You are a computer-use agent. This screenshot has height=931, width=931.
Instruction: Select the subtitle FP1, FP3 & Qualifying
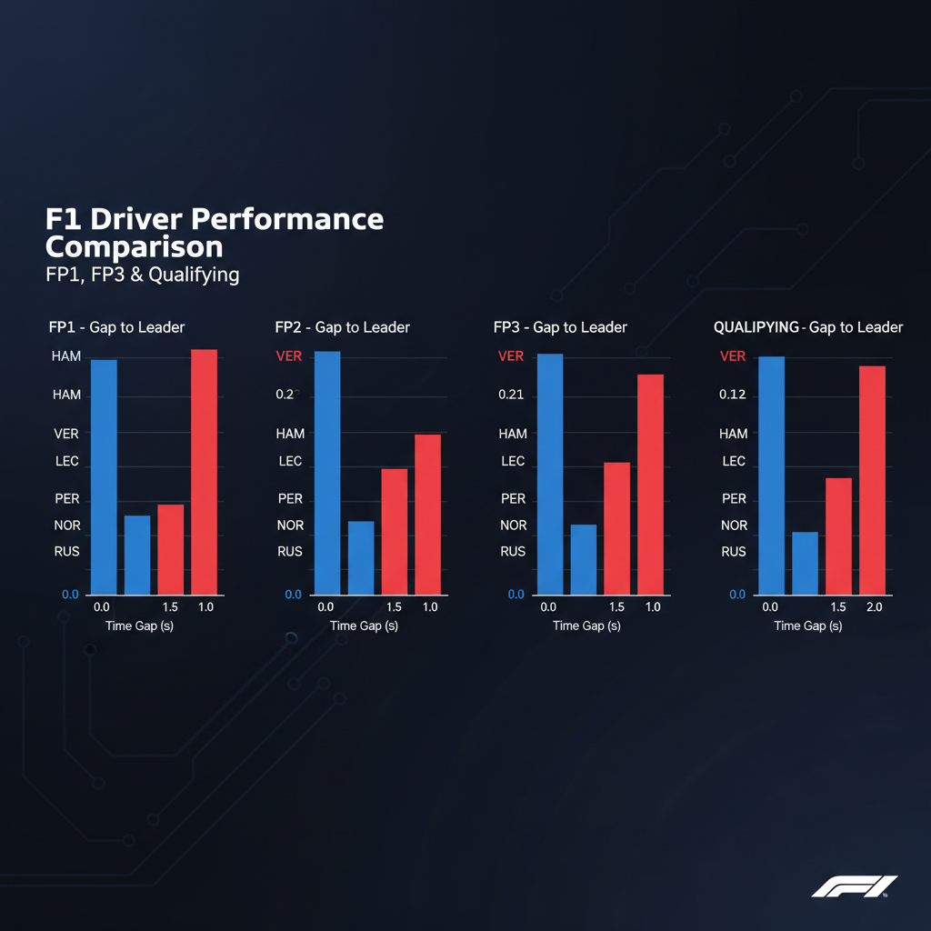click(x=142, y=275)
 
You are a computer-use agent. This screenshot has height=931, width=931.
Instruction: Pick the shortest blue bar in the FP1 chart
click(x=137, y=555)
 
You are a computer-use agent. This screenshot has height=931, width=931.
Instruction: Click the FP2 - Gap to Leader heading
click(x=342, y=327)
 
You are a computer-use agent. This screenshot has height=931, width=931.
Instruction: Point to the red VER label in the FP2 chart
click(x=289, y=356)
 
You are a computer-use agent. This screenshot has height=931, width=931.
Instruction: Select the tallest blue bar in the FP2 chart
click(x=326, y=473)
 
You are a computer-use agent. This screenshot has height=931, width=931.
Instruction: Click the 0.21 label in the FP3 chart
click(x=512, y=395)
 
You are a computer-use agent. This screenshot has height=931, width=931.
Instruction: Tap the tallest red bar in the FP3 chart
click(x=650, y=484)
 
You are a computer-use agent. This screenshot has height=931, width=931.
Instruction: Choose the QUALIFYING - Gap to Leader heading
click(x=809, y=327)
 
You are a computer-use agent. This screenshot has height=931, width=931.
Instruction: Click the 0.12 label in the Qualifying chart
click(x=733, y=395)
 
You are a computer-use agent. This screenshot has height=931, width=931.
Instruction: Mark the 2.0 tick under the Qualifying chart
click(x=875, y=606)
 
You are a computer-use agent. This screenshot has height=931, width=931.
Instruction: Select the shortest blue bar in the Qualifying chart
click(x=806, y=563)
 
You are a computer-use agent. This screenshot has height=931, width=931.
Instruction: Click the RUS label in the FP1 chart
click(x=67, y=551)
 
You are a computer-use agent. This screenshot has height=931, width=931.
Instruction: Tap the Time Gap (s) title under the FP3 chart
click(x=586, y=626)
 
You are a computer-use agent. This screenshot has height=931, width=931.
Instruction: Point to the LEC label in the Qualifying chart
click(x=734, y=461)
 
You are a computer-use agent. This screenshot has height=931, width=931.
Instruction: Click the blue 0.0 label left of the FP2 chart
click(x=293, y=595)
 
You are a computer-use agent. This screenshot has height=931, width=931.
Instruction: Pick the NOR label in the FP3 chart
click(x=513, y=526)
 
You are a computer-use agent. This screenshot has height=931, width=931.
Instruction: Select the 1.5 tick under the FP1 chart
click(x=170, y=606)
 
